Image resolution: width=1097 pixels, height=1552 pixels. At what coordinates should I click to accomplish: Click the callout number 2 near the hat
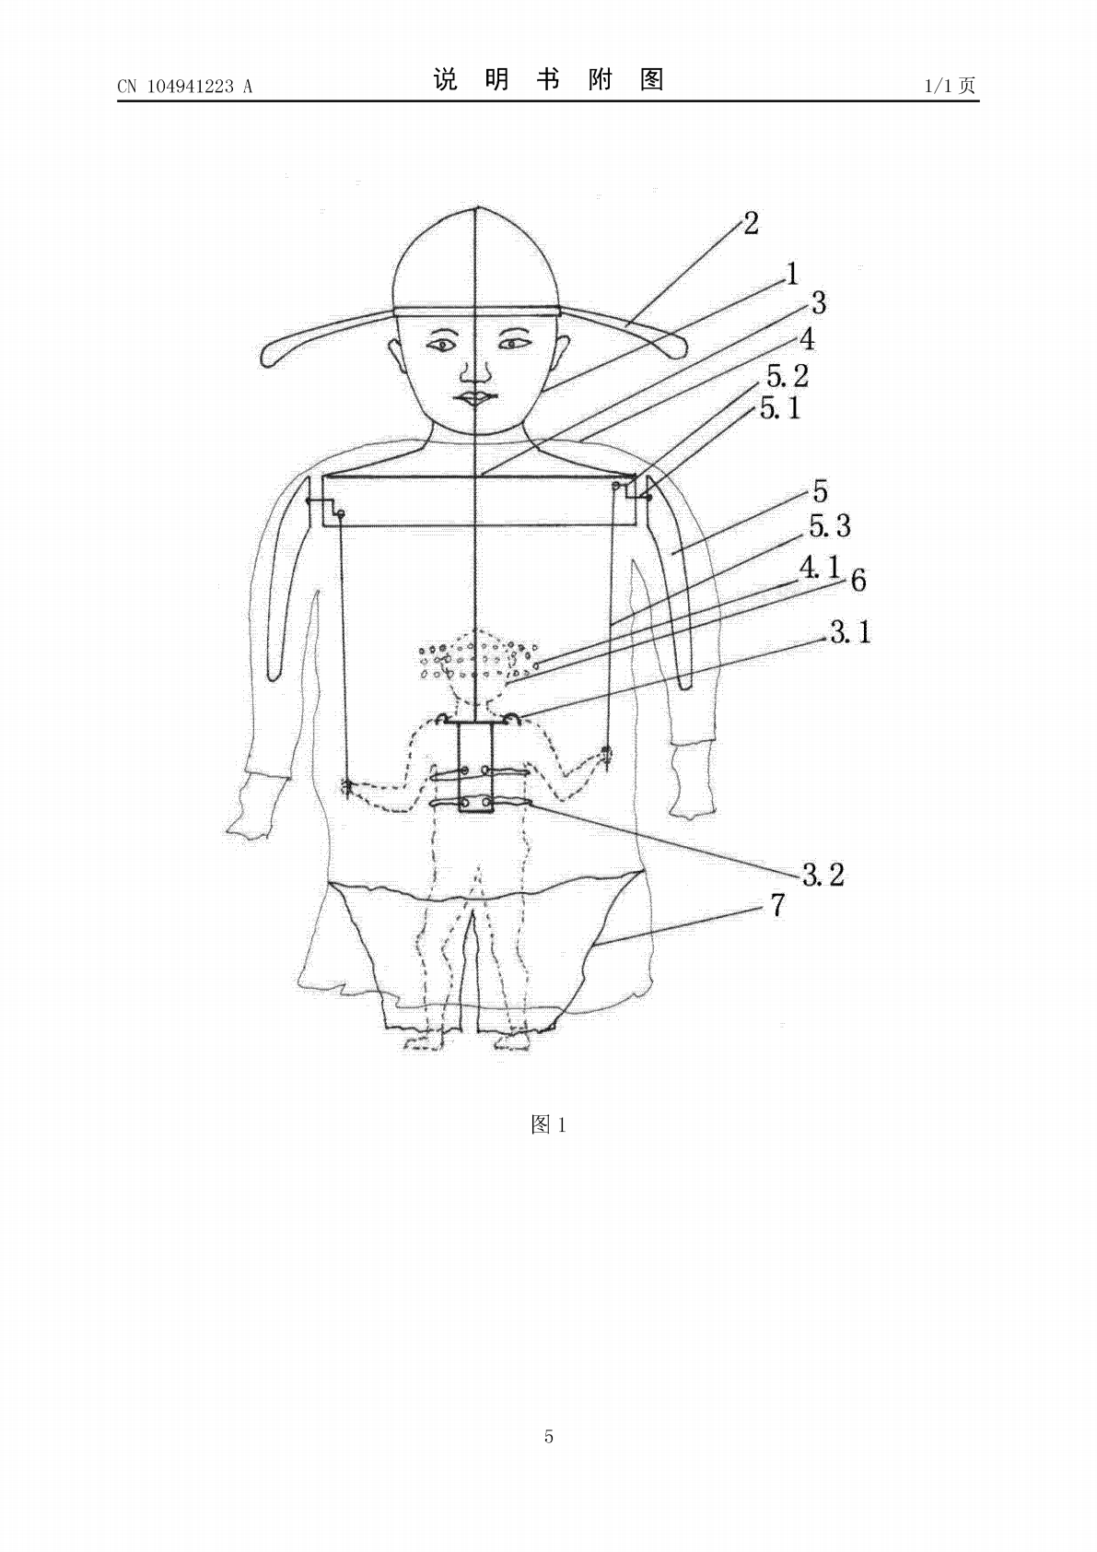point(752,223)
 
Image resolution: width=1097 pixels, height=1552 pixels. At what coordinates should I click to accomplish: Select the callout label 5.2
point(788,376)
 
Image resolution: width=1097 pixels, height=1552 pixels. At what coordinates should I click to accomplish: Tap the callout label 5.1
point(780,408)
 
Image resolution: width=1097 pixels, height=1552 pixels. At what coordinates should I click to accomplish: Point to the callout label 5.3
point(830,526)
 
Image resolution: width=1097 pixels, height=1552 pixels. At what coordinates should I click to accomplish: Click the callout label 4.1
point(819,568)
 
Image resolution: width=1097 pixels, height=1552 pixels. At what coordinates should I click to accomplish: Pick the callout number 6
point(858,580)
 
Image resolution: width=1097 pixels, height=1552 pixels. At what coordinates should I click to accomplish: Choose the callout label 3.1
point(850,632)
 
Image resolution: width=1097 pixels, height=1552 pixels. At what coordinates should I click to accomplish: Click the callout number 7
point(777,905)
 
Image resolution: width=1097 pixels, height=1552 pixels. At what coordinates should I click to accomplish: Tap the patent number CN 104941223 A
point(185,86)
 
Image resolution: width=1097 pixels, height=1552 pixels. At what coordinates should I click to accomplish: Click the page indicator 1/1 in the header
point(940,85)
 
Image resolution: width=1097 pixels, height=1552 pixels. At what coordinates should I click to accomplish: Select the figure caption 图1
point(549,1124)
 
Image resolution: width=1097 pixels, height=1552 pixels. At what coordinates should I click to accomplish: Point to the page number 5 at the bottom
point(549,1436)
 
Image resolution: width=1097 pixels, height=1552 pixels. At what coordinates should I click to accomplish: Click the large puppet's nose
point(476,372)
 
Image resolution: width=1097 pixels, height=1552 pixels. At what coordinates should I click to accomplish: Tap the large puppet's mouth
point(475,398)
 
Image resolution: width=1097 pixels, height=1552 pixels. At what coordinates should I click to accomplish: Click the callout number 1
point(792,274)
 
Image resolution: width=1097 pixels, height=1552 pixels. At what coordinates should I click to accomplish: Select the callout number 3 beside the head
point(819,303)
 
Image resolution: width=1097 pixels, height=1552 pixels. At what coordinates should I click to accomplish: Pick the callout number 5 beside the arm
point(820,491)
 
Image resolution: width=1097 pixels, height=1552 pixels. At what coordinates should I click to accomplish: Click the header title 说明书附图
point(549,79)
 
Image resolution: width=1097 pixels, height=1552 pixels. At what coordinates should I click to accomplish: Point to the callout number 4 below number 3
point(807,339)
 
